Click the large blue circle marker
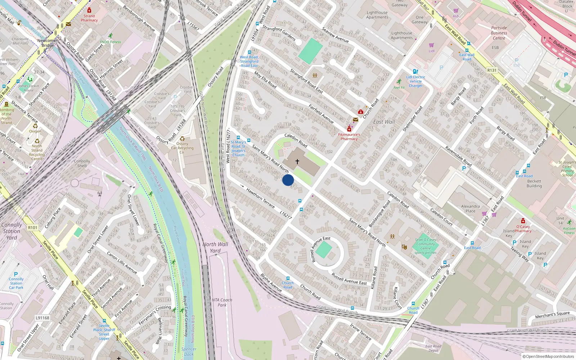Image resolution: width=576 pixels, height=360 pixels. (288, 180)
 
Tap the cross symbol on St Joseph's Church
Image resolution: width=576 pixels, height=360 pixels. (297, 162)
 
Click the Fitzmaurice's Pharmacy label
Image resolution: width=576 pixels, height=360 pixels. (349, 137)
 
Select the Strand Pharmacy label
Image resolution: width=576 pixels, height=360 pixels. (89, 18)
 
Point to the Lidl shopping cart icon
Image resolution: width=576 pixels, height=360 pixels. (432, 45)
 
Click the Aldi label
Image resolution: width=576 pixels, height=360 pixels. (456, 16)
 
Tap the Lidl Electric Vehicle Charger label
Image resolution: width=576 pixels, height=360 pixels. (416, 81)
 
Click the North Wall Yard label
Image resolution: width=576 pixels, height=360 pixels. (215, 247)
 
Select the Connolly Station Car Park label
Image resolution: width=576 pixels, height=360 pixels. (16, 283)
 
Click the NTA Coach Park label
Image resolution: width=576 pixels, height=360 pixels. (222, 302)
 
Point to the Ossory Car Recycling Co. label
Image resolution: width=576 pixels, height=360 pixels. (182, 148)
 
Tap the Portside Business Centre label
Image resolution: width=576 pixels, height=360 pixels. (499, 33)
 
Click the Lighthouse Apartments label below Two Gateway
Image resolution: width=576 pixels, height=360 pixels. (402, 35)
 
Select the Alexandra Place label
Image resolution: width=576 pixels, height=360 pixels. (471, 209)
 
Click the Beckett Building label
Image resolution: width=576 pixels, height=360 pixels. (534, 184)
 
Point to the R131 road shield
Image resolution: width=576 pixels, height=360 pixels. (492, 71)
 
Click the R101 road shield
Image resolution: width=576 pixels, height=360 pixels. (32, 228)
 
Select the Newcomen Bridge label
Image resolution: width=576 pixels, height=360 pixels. (48, 43)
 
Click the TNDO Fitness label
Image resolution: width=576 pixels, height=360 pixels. (111, 42)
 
